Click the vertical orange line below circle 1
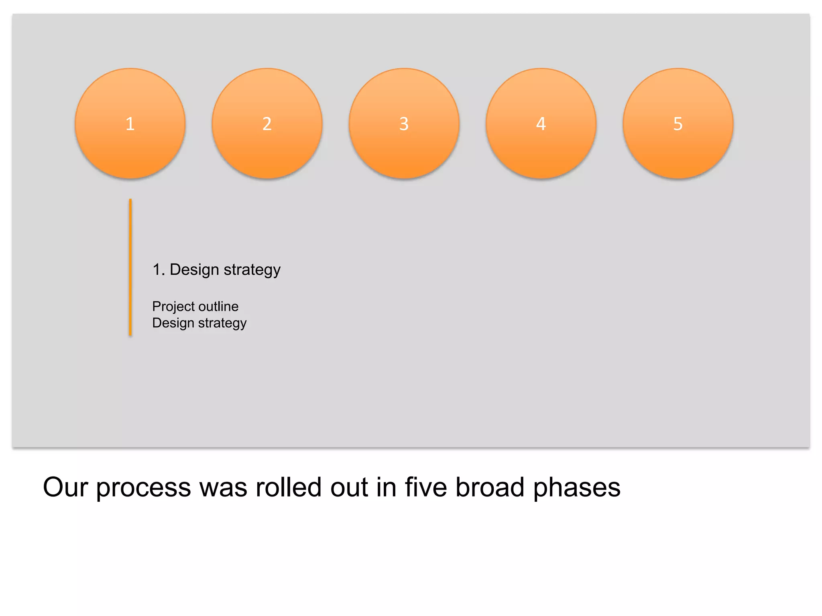[x=130, y=267]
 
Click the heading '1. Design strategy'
[x=217, y=269]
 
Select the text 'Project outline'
[x=195, y=306]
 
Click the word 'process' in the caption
[x=143, y=488]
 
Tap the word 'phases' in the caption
[x=577, y=488]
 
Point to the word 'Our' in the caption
[x=65, y=487]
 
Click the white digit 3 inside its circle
[x=404, y=124]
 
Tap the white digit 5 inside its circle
[x=678, y=124]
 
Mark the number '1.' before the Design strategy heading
[x=159, y=269]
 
